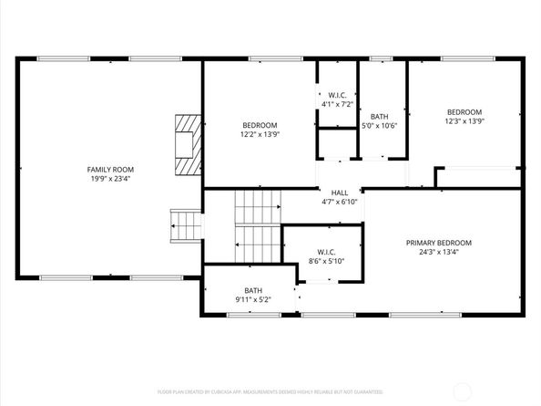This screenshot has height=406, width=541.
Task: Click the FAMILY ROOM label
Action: click(110, 170)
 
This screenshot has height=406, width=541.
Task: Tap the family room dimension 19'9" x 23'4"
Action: click(110, 179)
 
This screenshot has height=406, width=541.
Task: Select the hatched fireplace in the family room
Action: click(188, 144)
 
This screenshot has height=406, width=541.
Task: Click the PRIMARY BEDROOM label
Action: click(439, 243)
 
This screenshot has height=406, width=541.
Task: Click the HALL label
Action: click(339, 193)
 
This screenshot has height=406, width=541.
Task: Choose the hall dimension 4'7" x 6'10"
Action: click(339, 202)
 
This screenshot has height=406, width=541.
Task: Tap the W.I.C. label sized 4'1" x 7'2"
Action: click(335, 95)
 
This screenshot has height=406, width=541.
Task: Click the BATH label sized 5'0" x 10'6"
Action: click(380, 117)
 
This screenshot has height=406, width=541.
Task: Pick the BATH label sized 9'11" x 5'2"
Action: click(253, 290)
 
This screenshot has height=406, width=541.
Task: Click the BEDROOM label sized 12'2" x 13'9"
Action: click(260, 125)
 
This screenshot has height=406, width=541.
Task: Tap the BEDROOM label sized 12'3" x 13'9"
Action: click(464, 111)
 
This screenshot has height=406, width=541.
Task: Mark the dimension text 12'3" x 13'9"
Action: click(464, 120)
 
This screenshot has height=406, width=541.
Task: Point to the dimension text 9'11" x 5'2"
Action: click(253, 299)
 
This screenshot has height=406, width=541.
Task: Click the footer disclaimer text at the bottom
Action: click(270, 390)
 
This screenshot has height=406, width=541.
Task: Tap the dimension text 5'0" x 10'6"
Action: click(380, 126)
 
